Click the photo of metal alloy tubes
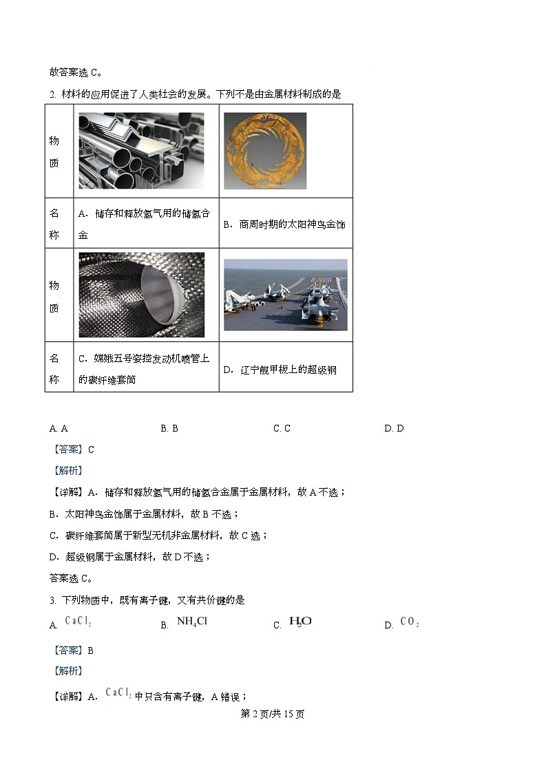(x=141, y=151)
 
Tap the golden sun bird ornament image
(x=264, y=151)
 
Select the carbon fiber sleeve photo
(x=141, y=295)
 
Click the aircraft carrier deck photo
(x=285, y=295)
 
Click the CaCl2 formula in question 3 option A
(x=78, y=622)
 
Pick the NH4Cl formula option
(x=192, y=622)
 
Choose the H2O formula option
(x=301, y=622)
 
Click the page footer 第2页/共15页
(x=273, y=714)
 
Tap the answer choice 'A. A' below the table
(x=59, y=428)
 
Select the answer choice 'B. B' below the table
(x=169, y=428)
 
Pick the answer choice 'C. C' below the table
(x=282, y=428)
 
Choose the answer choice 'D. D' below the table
(x=394, y=428)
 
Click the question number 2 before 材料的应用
(x=52, y=94)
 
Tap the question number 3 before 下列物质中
(x=52, y=600)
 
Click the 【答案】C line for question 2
(x=72, y=449)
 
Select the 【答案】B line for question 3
(x=72, y=650)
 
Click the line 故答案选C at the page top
(x=76, y=72)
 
